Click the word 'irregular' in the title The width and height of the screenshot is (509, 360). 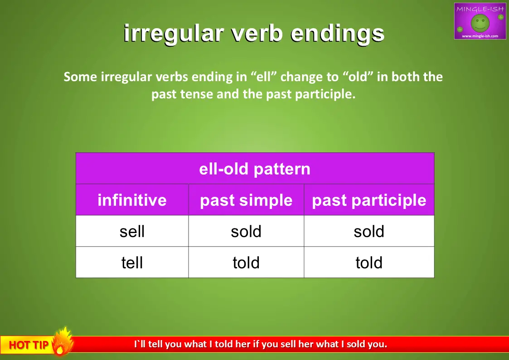(x=174, y=34)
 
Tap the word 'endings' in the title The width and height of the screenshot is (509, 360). (x=337, y=34)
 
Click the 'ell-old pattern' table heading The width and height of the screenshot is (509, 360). (x=255, y=169)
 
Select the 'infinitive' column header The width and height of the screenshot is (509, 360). (x=132, y=199)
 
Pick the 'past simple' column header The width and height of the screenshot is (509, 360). (x=246, y=200)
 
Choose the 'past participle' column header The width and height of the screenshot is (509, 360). (x=369, y=200)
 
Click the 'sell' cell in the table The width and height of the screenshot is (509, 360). (x=132, y=231)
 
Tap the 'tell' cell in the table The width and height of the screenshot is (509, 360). (x=132, y=263)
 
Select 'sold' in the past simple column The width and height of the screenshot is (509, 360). (x=246, y=231)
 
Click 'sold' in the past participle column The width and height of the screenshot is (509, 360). (x=369, y=231)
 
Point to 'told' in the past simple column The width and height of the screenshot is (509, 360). (x=246, y=263)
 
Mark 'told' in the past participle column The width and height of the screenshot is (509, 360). (x=369, y=263)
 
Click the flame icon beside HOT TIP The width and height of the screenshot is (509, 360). (x=63, y=341)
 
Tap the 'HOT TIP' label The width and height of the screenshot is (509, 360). (x=29, y=345)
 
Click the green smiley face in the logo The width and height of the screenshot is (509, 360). (x=480, y=23)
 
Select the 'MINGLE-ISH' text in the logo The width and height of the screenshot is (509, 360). (x=480, y=9)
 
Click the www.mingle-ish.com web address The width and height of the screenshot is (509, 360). (x=480, y=36)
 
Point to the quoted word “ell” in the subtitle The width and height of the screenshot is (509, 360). (x=263, y=77)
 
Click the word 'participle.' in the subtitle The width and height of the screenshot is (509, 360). (x=325, y=94)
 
